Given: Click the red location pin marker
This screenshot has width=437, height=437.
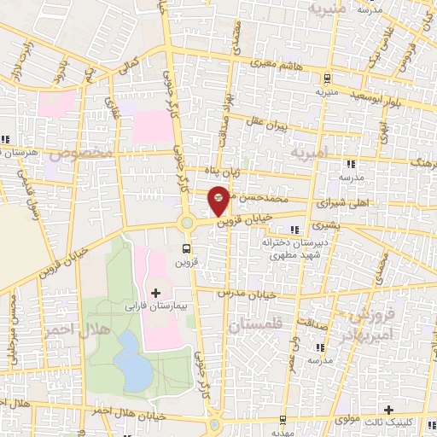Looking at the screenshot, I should (219, 200).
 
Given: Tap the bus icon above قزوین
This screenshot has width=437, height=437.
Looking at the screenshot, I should (186, 248).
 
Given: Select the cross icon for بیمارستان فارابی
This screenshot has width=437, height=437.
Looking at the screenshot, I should (155, 293).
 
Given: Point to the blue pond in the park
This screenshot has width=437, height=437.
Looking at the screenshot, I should (131, 359).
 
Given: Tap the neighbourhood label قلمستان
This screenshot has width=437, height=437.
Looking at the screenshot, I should (253, 325).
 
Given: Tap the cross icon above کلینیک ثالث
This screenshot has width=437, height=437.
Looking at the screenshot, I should (388, 411).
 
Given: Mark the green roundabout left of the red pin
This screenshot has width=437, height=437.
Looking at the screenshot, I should (186, 224).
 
